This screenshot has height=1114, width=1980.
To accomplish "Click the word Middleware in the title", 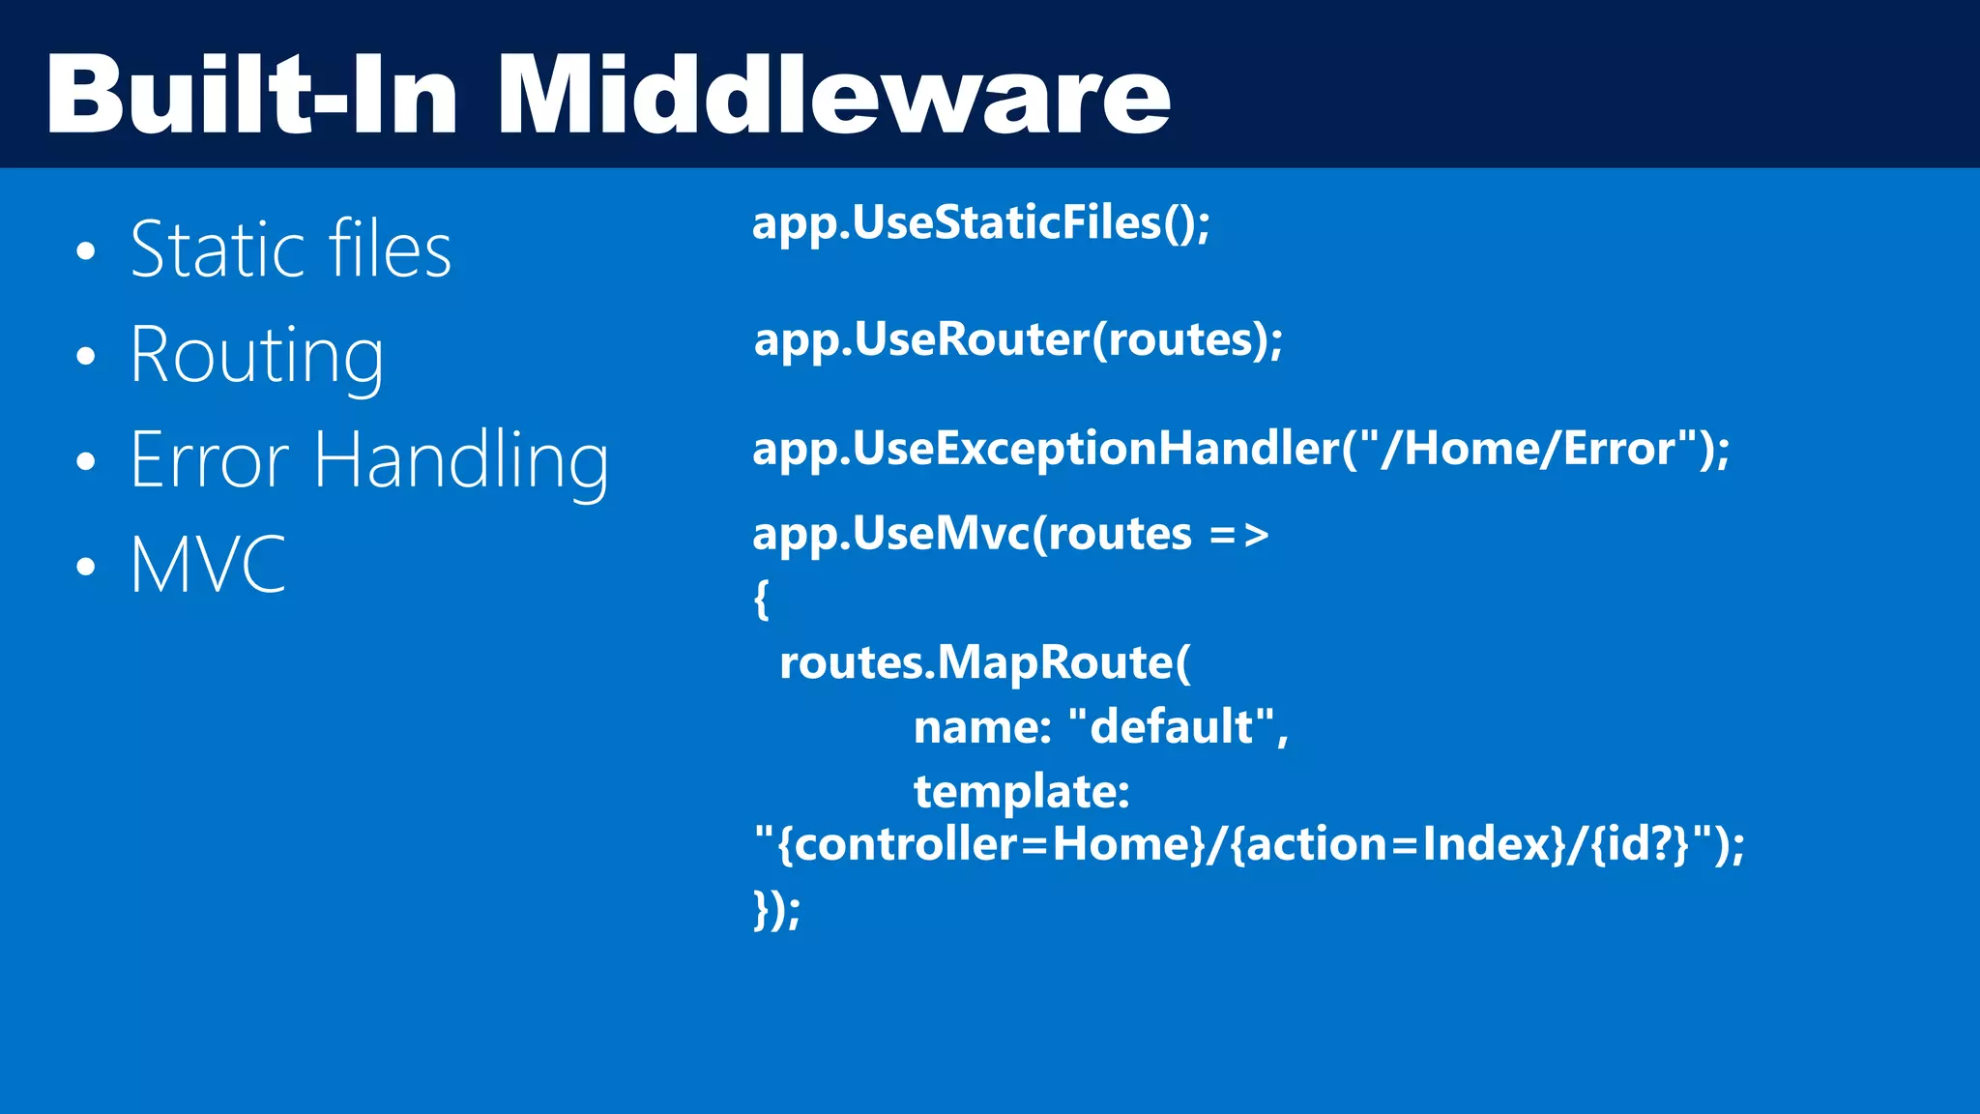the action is coord(833,95).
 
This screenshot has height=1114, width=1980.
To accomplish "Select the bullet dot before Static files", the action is coord(86,251).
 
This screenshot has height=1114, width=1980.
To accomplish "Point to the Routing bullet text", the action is coord(257,356).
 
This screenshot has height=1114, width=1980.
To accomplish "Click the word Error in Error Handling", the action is coord(209,460).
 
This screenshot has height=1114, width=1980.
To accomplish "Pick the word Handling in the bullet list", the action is coord(461,462).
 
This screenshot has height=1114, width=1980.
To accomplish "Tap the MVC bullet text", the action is coord(208,565).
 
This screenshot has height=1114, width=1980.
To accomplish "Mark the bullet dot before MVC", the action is coord(86,566).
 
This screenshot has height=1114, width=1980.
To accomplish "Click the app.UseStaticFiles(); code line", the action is coord(980,223).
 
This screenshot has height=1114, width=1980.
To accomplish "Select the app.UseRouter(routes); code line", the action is coord(1018,339).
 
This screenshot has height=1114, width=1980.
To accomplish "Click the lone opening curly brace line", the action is coord(762,599).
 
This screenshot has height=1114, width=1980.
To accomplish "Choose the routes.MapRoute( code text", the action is coord(984,663).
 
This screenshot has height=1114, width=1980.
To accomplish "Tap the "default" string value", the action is coord(1171,726).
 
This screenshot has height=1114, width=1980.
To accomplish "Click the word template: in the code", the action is coord(1021,792).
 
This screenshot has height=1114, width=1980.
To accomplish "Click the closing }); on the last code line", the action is coord(776,909).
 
